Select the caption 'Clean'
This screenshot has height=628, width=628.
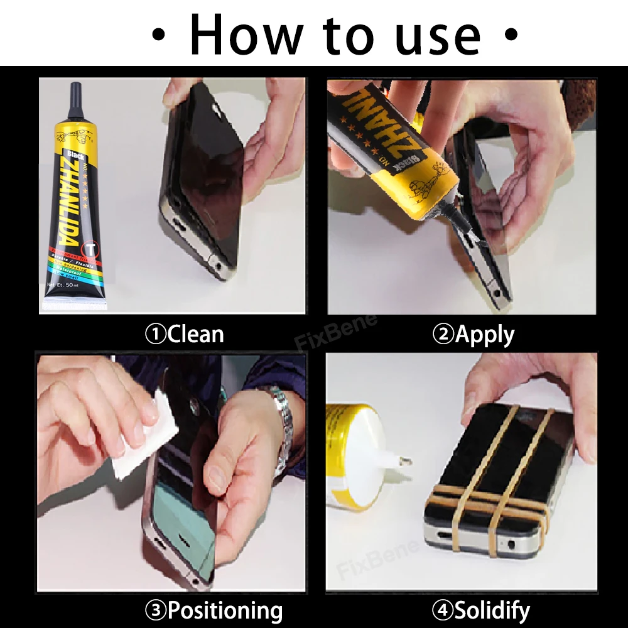pos(195,334)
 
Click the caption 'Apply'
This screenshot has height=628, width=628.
pos(484,334)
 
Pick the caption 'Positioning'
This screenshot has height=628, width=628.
pos(225,610)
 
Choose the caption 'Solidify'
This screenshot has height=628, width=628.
pos(492,610)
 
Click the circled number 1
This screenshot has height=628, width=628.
pos(155,334)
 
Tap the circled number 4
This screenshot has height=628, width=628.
pos(441,610)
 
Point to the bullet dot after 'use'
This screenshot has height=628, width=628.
pos(512,35)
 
